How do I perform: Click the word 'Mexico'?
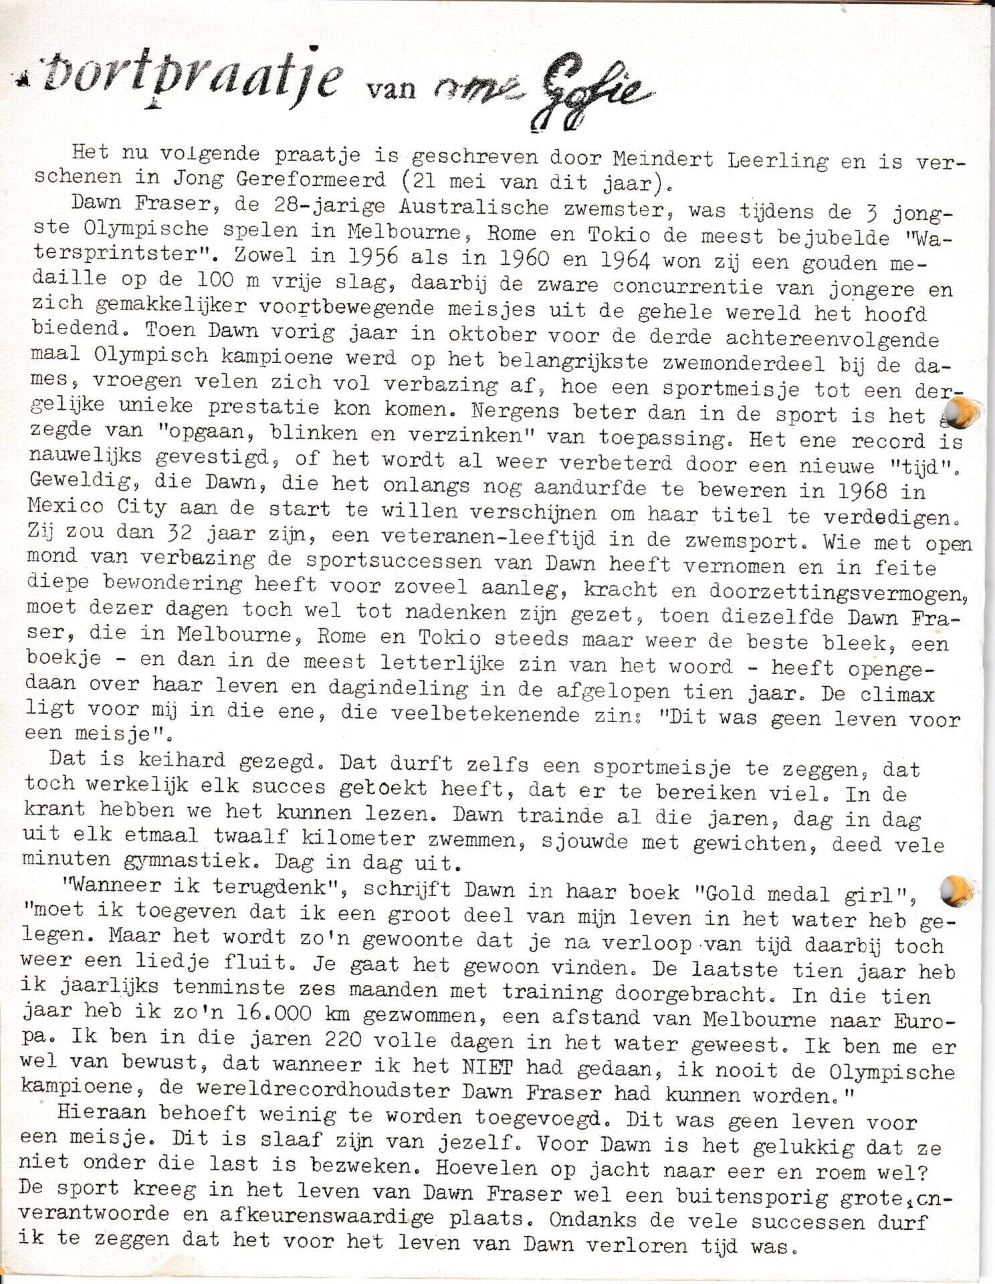pyautogui.click(x=66, y=507)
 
